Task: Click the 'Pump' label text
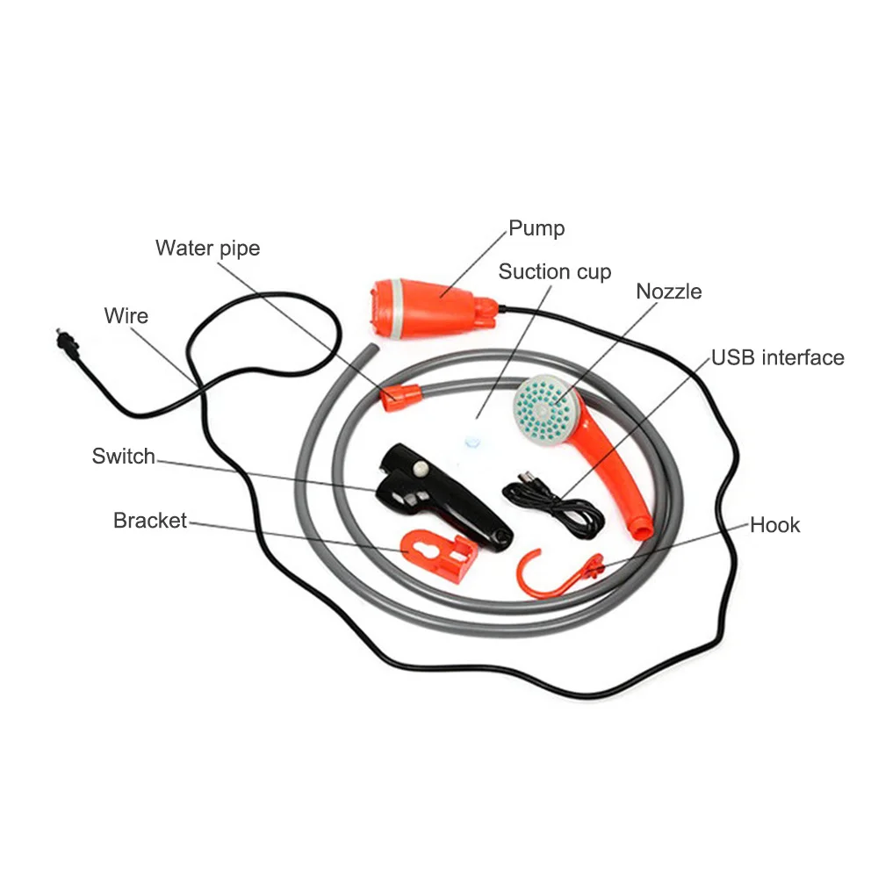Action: pos(536,229)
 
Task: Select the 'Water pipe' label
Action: pos(208,248)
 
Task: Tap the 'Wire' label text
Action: pos(126,316)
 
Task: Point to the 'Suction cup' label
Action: pos(554,272)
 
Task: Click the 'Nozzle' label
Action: pos(668,291)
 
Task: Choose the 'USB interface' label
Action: pos(778,358)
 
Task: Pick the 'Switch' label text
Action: pos(123,457)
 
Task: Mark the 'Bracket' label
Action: pos(149,521)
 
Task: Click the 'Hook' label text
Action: pos(774,525)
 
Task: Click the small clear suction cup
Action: pos(472,442)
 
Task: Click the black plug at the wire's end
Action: pos(68,342)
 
